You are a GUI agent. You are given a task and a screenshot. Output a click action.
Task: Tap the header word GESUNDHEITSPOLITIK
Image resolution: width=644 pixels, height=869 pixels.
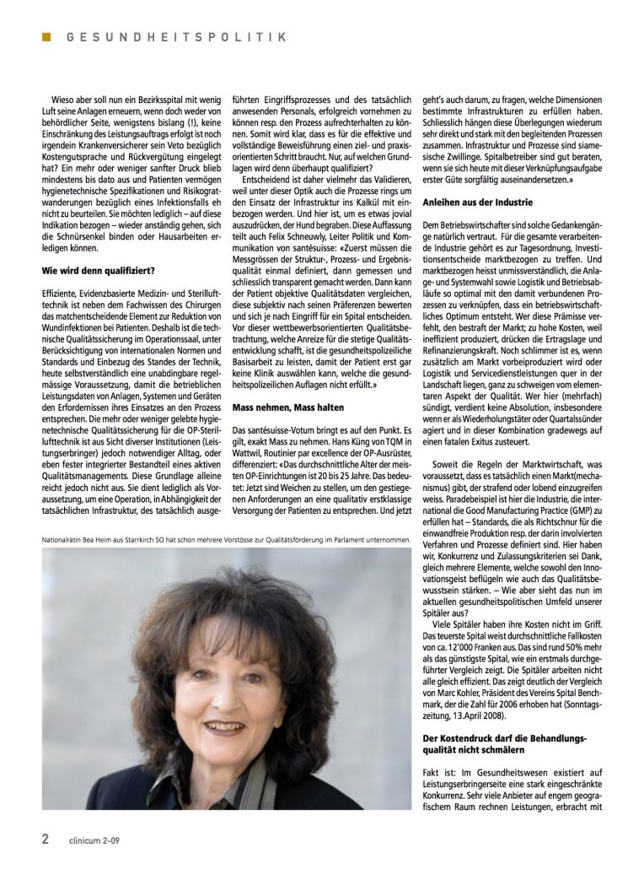177,37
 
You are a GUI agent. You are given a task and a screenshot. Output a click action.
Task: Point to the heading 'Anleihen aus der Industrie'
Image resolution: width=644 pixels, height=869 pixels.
478,202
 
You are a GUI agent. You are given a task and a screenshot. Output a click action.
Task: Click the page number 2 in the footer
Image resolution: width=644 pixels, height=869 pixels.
46,839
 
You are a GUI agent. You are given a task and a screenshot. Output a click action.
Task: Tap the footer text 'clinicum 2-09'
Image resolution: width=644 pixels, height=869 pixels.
97,840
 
